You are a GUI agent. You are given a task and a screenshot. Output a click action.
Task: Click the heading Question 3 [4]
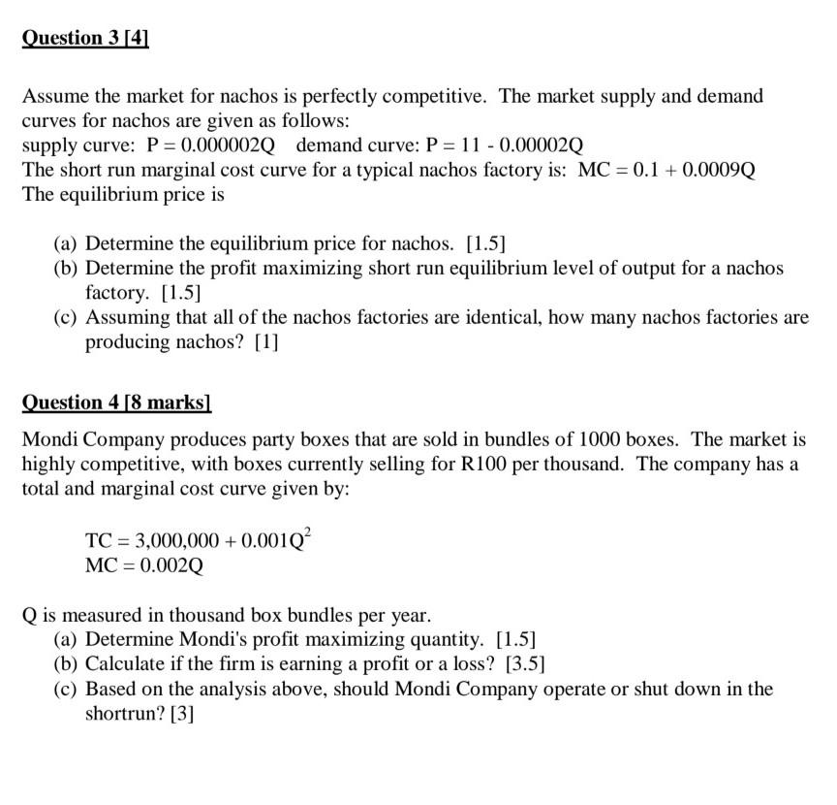[x=84, y=39]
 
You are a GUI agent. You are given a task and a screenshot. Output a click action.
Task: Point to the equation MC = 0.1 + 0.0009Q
[x=666, y=170]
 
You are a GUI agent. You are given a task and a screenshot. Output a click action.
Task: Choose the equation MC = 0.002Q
[x=145, y=564]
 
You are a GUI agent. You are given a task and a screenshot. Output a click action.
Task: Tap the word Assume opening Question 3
[x=53, y=96]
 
